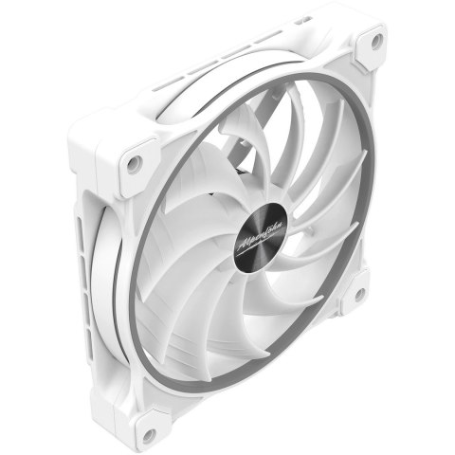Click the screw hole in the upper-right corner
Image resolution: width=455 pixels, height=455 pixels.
376,40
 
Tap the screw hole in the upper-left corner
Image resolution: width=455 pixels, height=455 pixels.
134,163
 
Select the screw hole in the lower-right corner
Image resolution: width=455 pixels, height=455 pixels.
359,294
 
